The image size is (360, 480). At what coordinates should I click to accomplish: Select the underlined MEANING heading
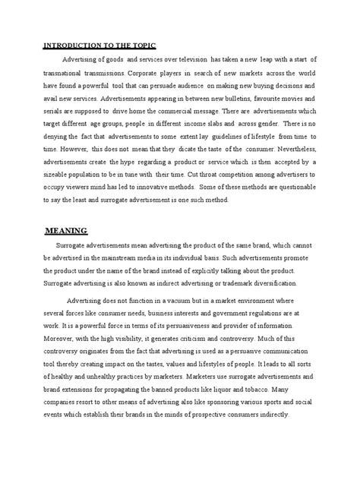(x=67, y=231)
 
